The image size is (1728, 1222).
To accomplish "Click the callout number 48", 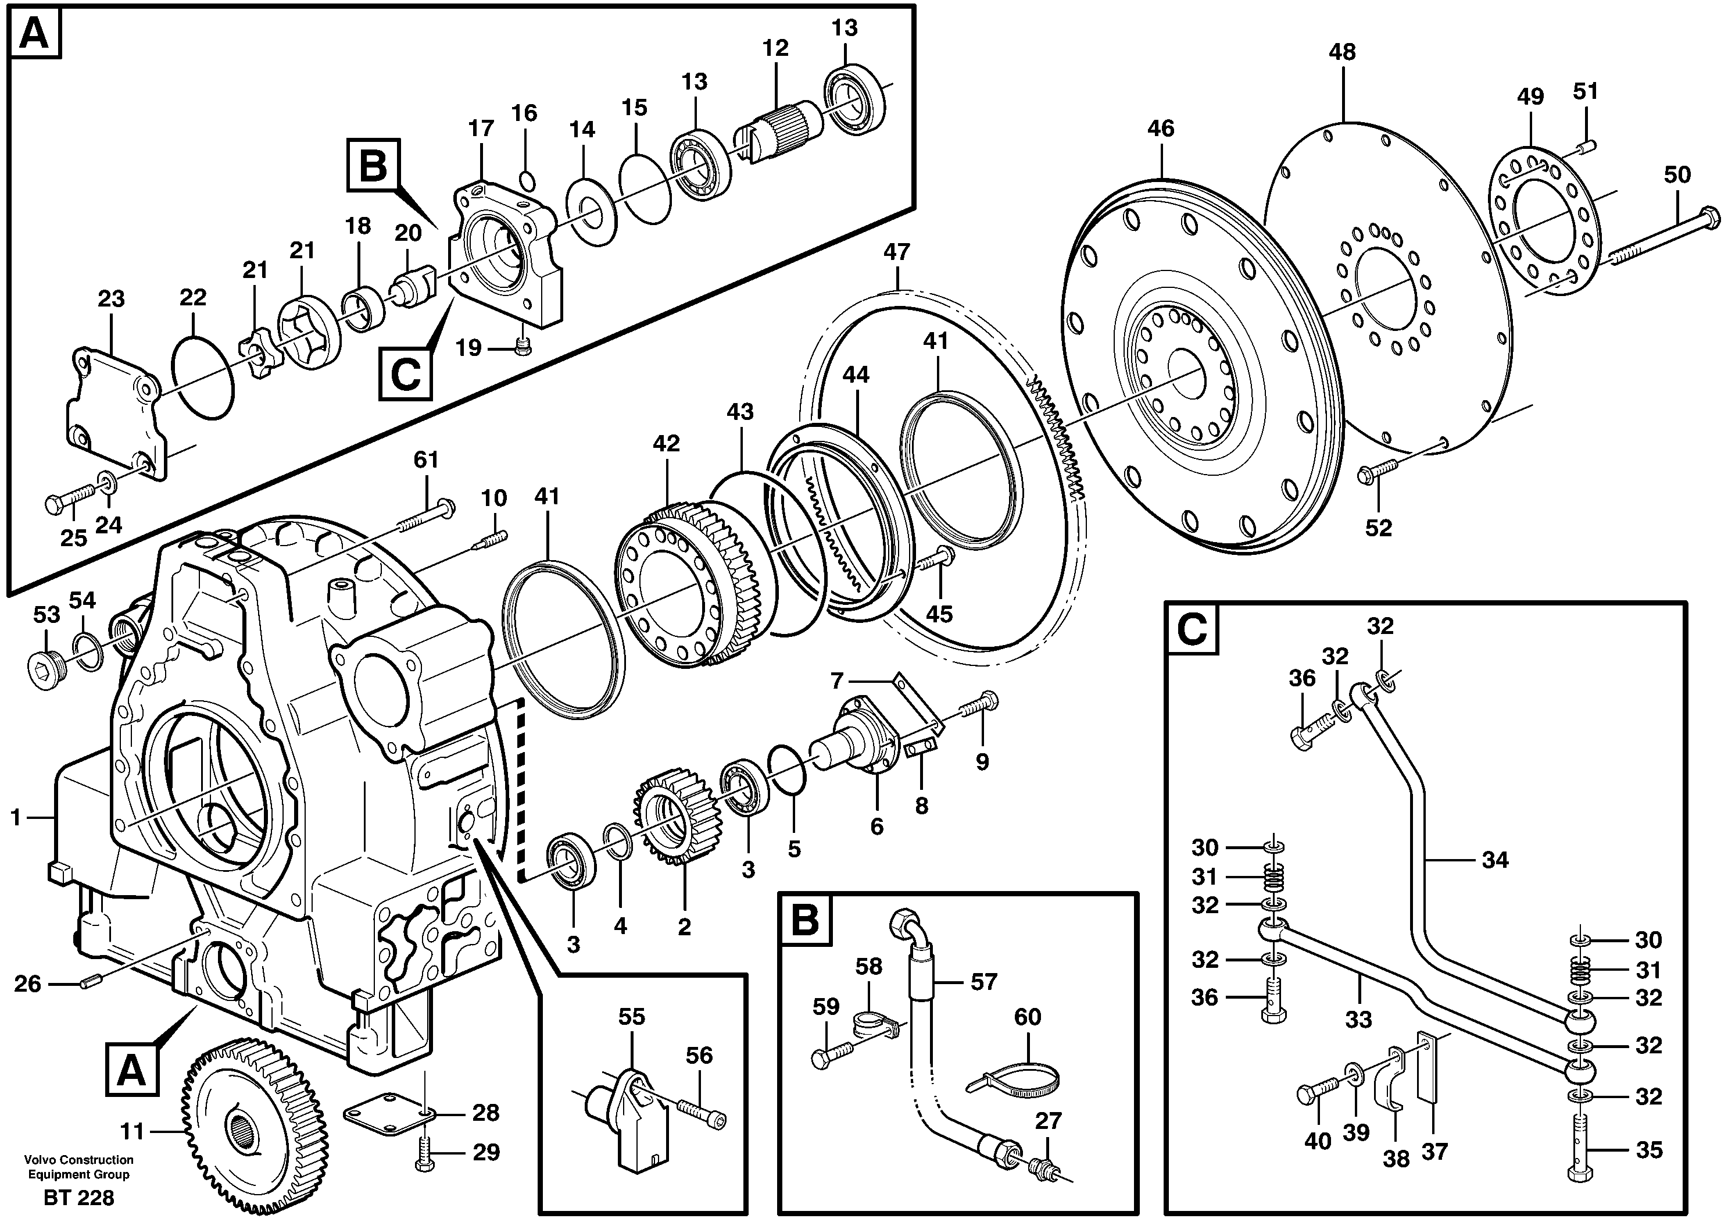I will [x=1342, y=52].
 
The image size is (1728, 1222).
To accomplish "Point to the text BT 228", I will [x=79, y=1197].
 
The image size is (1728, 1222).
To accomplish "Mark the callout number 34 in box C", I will [x=1495, y=859].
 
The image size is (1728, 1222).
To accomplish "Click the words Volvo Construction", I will [x=78, y=1160].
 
